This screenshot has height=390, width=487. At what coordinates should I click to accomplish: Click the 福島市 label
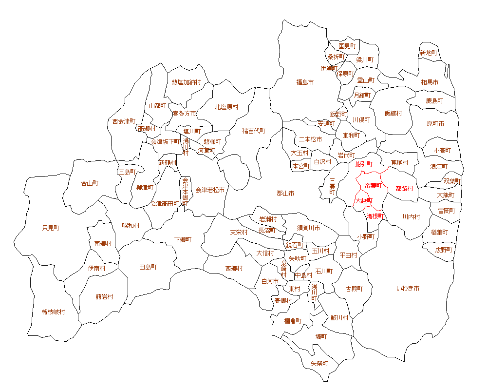tap(305, 82)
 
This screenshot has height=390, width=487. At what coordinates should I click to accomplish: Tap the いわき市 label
tap(408, 289)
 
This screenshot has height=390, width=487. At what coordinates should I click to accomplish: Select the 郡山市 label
tap(285, 194)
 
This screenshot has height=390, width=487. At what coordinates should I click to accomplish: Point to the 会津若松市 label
tap(210, 190)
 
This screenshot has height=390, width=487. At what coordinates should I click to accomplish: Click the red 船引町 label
tap(364, 164)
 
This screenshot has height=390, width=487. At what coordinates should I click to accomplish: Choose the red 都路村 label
tap(404, 188)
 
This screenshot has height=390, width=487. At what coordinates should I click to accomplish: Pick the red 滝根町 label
tap(375, 215)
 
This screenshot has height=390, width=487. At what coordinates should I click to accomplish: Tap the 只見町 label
tap(51, 228)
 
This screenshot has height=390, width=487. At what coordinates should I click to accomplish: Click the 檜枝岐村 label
tap(53, 312)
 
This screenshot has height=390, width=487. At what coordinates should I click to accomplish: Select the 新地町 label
tap(429, 53)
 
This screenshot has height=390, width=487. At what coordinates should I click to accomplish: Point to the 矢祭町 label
tap(319, 363)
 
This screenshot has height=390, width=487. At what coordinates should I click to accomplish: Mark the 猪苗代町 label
tap(254, 131)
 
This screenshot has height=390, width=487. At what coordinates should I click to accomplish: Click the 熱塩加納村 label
tap(186, 82)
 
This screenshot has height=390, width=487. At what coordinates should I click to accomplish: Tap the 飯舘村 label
tap(393, 113)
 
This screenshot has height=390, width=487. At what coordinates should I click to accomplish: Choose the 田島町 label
tap(148, 267)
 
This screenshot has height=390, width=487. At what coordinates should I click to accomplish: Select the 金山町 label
tap(90, 183)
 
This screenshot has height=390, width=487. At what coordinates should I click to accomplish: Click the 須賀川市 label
tap(309, 228)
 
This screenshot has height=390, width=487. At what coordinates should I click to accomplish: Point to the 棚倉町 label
tap(293, 321)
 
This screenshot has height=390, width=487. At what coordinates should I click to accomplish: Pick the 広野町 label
tap(444, 250)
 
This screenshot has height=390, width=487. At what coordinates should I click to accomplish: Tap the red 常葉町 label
tap(373, 185)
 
